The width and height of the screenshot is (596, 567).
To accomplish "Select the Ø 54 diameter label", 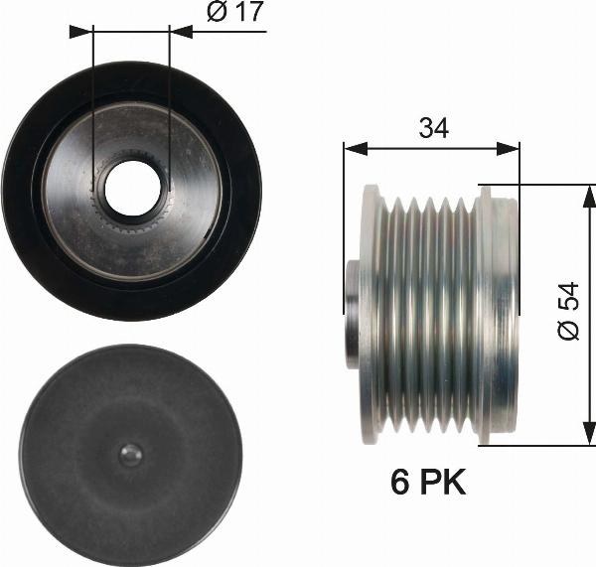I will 567,311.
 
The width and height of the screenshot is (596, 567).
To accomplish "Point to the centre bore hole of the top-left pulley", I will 131,187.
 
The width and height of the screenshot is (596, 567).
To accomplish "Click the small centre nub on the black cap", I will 130,454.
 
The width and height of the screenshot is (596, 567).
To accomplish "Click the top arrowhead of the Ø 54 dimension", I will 583,195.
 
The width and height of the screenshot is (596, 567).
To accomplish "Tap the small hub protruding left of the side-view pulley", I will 351,314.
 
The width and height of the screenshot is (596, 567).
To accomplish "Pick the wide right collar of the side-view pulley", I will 498,314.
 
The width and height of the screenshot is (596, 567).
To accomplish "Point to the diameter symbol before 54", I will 567,330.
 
